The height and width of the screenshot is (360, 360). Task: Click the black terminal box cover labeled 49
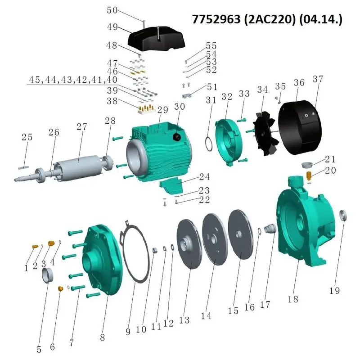tap(156, 39)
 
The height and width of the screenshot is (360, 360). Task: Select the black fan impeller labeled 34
tap(266, 134)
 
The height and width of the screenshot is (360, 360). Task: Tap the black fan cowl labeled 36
tap(300, 127)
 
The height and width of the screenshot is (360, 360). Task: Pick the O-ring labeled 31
tap(209, 144)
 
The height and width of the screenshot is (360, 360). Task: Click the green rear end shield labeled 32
tap(227, 142)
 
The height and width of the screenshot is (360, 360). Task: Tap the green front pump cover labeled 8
tap(103, 260)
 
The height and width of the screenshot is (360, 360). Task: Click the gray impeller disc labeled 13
tap(189, 244)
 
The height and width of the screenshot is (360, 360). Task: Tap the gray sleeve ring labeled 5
tap(47, 275)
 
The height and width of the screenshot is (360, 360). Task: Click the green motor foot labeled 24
tap(171, 185)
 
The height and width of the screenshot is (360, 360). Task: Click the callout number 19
tap(334, 291)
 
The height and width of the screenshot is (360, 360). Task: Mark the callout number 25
tap(27, 137)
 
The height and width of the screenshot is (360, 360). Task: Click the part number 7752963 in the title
tap(216, 19)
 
